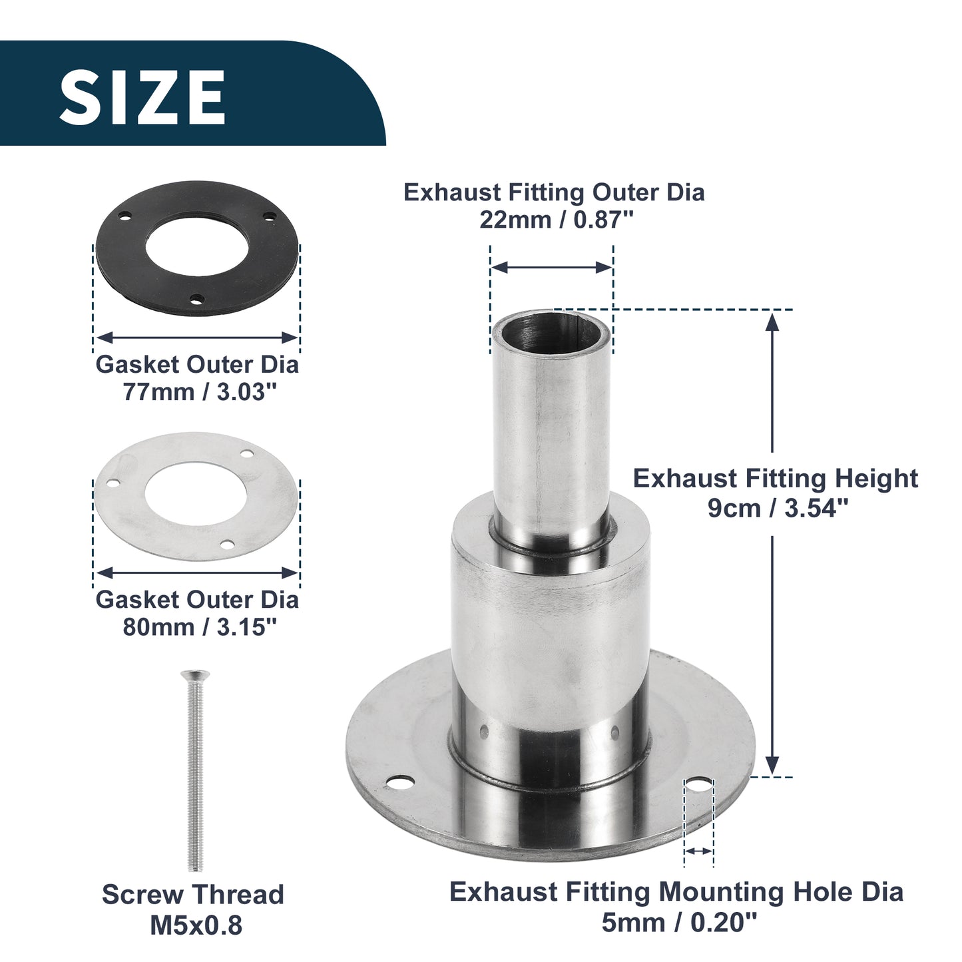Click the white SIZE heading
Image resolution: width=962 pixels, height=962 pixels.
tap(142, 97)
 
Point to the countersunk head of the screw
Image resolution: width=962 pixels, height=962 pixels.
tap(195, 675)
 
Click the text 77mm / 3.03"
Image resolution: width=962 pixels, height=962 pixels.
tap(200, 392)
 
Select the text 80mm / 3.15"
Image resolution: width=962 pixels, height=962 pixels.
tap(200, 628)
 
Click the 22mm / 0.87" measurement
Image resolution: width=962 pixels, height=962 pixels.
tap(557, 220)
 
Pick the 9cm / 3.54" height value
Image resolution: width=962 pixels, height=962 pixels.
tap(778, 508)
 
